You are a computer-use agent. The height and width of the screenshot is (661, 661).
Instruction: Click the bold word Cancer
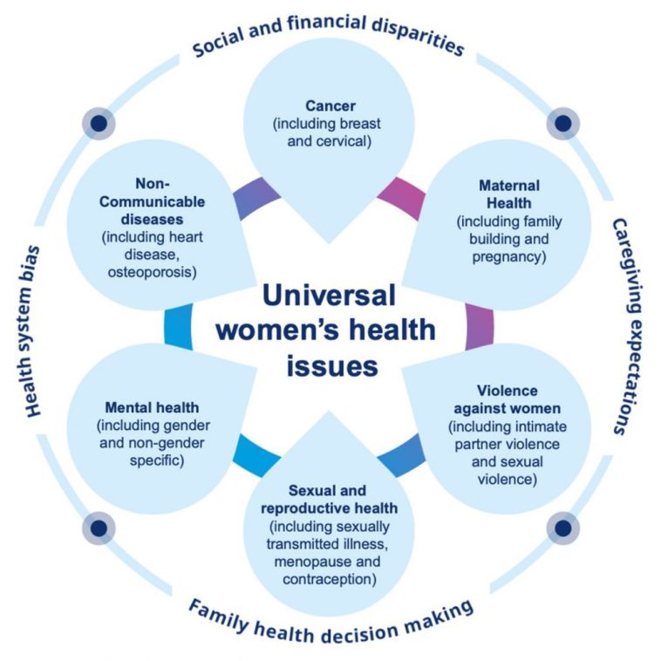[330, 106]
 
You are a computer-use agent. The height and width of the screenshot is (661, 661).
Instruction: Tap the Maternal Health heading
[509, 194]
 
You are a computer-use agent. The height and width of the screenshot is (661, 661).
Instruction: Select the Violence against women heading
[507, 398]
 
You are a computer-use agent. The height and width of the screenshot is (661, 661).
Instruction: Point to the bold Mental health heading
[153, 407]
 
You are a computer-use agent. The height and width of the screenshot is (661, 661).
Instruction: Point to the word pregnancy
[509, 256]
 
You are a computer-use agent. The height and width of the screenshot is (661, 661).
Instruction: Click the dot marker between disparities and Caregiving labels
[562, 122]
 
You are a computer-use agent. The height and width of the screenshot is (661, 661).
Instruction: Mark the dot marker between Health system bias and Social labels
[99, 122]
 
